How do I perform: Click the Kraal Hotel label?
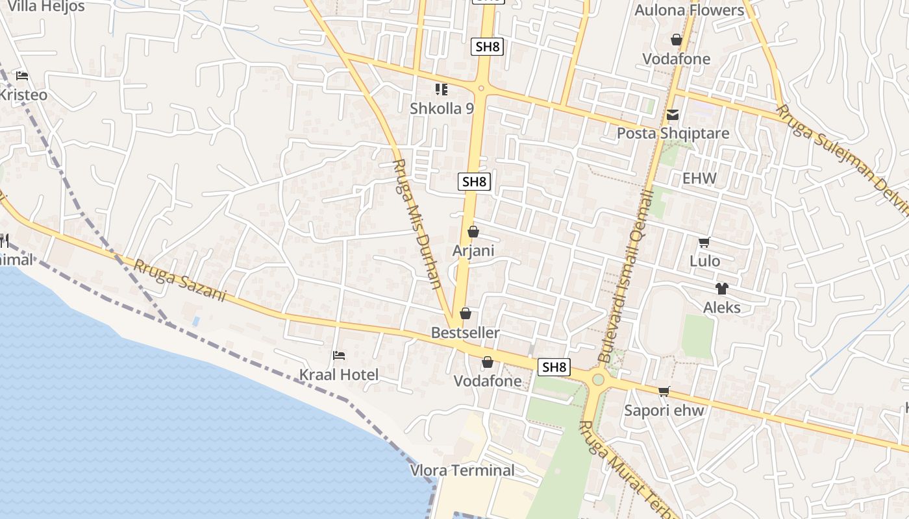(x=338, y=375)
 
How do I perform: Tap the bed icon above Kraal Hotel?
(x=338, y=356)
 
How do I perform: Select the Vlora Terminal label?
(x=462, y=470)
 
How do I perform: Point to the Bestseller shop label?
(x=466, y=333)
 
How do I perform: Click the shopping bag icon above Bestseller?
(x=466, y=314)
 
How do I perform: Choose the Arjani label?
(x=473, y=250)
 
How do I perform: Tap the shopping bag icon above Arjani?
(x=473, y=232)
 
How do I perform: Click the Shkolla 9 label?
(x=442, y=108)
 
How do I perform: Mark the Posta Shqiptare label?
(x=673, y=134)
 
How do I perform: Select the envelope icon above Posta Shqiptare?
(x=673, y=115)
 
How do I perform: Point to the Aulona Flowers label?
(x=689, y=10)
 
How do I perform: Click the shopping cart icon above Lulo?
(x=704, y=243)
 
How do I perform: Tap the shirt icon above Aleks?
(x=721, y=289)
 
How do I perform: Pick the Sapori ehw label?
(x=664, y=410)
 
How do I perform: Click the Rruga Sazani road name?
(x=180, y=281)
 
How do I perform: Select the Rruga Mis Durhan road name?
(x=417, y=224)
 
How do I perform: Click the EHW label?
(x=699, y=178)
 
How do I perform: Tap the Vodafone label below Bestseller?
(x=488, y=381)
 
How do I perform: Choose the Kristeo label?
(x=23, y=95)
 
